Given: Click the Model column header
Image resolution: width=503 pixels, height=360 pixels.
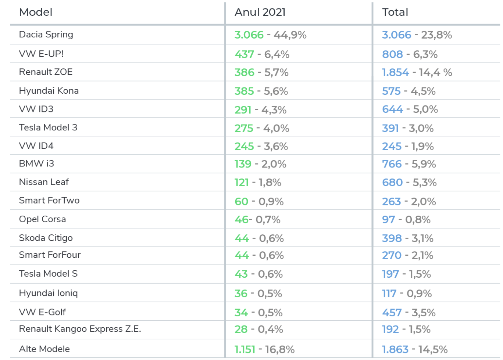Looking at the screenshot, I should coord(36,12).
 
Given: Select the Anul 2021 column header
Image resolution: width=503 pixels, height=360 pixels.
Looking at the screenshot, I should coord(260,12).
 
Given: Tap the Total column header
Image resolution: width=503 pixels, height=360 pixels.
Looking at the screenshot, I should coord(395,12).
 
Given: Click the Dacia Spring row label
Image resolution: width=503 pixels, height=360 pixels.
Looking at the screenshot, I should coord(46,35).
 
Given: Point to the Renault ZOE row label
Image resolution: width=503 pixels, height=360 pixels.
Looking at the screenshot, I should coord(46,72).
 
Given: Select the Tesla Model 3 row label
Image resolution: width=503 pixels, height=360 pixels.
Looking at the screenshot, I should coord(48,127).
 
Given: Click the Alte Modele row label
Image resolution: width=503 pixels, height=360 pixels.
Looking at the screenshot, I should coord(44,349).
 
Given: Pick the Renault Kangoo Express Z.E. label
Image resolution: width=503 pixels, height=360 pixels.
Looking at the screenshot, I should coord(80,329).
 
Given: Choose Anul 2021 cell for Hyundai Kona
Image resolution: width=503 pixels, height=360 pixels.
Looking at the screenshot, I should coord(261,91).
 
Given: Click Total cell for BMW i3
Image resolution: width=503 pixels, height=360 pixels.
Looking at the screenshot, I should coord(409,164).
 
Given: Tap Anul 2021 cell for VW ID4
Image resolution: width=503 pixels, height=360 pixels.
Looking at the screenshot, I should coord(261,146).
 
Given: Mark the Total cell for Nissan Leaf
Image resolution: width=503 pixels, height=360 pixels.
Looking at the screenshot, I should coord(409,182).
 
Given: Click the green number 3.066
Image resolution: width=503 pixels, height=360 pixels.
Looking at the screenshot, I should coord(249,35).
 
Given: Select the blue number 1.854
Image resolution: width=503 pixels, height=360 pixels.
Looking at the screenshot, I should coord(395,72).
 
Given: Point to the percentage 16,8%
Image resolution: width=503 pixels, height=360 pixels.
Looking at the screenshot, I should coord(279,349).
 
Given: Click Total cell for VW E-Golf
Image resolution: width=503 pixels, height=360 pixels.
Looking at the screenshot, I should coord(409,313).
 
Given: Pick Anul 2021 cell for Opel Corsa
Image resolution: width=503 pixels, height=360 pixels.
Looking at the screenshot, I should coord(257,220).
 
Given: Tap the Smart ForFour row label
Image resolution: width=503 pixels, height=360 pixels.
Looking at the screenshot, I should coord(50,255).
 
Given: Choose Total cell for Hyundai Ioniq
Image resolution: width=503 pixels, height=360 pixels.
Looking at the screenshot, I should coord(407,294).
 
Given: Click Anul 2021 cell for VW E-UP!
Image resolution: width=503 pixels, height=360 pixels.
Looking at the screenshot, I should coord(262,54).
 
